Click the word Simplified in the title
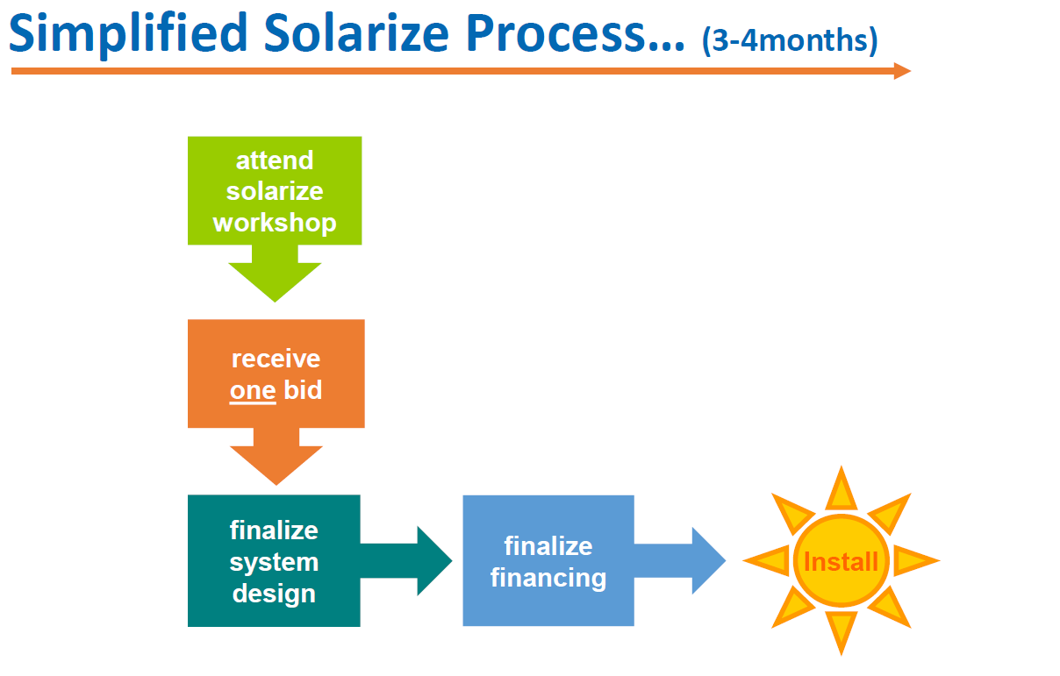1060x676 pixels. pyautogui.click(x=128, y=34)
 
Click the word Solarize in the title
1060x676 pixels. pyautogui.click(x=356, y=32)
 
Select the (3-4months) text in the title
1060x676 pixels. pyautogui.click(x=790, y=40)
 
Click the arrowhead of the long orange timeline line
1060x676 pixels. pyautogui.click(x=902, y=71)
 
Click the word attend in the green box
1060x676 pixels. pyautogui.click(x=275, y=160)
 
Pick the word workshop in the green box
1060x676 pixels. pyautogui.click(x=275, y=223)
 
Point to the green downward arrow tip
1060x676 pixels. pyautogui.click(x=275, y=302)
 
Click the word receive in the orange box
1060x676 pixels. pyautogui.click(x=276, y=359)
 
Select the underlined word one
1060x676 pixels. pyautogui.click(x=253, y=391)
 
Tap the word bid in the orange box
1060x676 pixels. pyautogui.click(x=303, y=389)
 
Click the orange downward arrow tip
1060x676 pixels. pyautogui.click(x=276, y=485)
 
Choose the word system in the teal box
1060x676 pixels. pyautogui.click(x=274, y=563)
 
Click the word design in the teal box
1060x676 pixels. pyautogui.click(x=274, y=594)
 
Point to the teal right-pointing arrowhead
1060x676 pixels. pyautogui.click(x=434, y=561)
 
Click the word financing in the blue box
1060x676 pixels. pyautogui.click(x=548, y=578)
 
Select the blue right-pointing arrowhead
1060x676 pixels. pyautogui.click(x=708, y=560)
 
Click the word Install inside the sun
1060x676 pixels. pyautogui.click(x=841, y=562)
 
